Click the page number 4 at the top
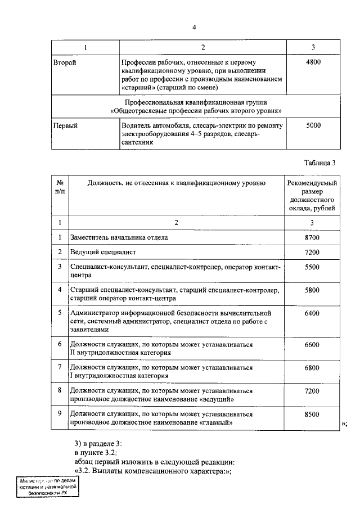pyautogui.click(x=193, y=28)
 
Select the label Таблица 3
pyautogui.click(x=319, y=163)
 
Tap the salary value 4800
pyautogui.click(x=313, y=63)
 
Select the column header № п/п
pyautogui.click(x=60, y=188)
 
